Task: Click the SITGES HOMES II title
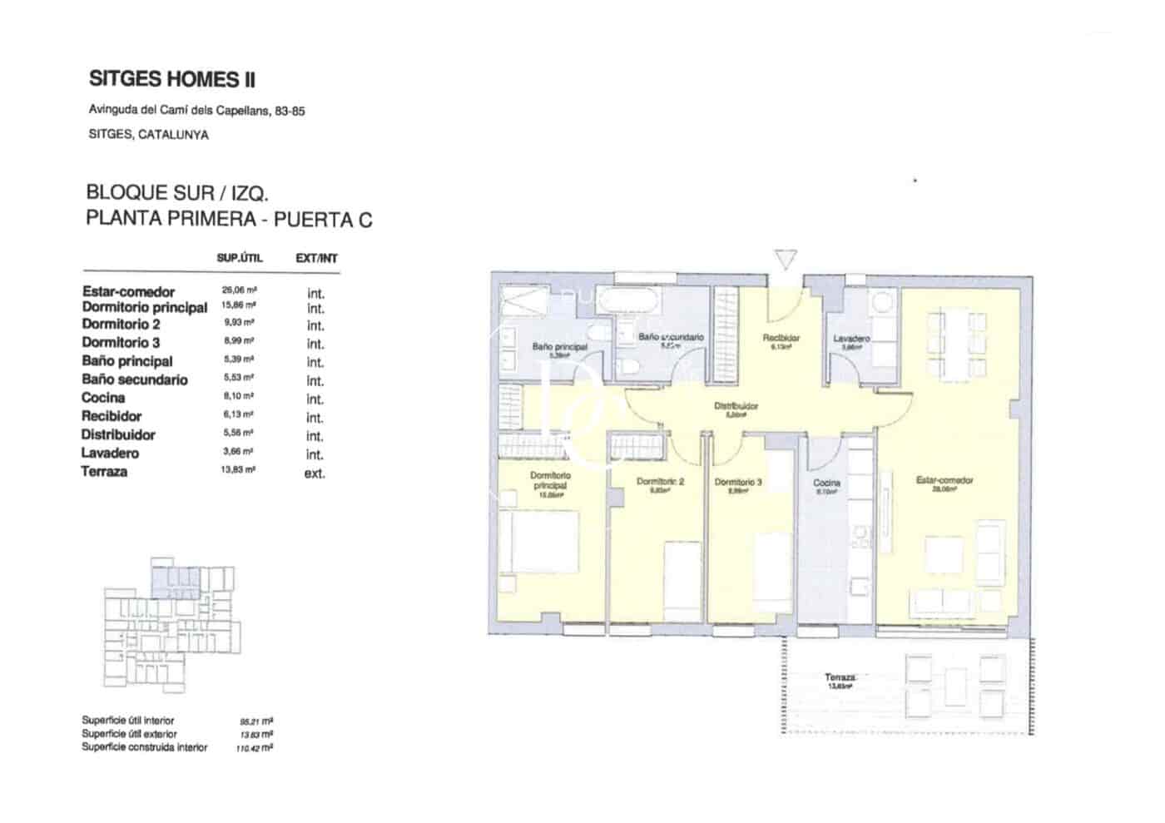point(171,80)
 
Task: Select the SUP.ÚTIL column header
point(239,258)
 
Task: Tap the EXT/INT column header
point(316,259)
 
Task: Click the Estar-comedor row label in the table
point(128,291)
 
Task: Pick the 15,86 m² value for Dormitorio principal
point(239,306)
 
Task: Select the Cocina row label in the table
point(103,398)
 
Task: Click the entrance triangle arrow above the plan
point(785,260)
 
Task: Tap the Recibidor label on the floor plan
point(781,339)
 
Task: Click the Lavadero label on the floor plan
point(851,339)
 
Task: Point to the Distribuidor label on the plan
point(736,407)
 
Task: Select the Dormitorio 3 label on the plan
point(737,483)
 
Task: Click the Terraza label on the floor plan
point(840,678)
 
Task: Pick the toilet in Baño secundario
point(629,368)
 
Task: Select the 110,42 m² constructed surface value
point(255,748)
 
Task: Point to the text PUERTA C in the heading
point(323,220)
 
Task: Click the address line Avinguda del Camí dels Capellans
point(196,111)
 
